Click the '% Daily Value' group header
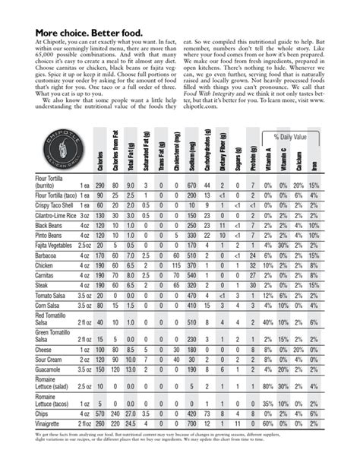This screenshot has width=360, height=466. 290,137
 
